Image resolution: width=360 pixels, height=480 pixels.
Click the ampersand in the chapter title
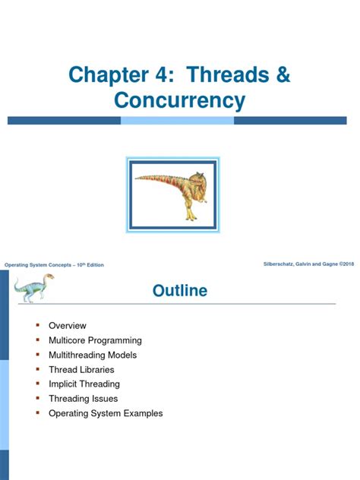pyautogui.click(x=282, y=75)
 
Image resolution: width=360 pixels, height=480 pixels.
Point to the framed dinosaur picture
pyautogui.click(x=180, y=191)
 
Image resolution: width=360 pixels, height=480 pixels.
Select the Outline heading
pyautogui.click(x=179, y=291)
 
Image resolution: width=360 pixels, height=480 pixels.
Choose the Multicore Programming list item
pyautogui.click(x=95, y=340)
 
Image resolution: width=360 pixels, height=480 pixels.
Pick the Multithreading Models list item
pyautogui.click(x=93, y=355)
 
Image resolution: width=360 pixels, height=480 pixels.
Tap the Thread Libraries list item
pyautogui.click(x=81, y=370)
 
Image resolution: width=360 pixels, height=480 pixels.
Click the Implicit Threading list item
pyautogui.click(x=84, y=384)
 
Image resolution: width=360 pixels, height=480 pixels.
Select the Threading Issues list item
pyautogui.click(x=84, y=399)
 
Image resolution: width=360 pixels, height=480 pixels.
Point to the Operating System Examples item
pyautogui.click(x=106, y=414)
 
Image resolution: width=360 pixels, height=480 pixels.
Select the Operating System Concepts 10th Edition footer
pyautogui.click(x=54, y=264)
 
